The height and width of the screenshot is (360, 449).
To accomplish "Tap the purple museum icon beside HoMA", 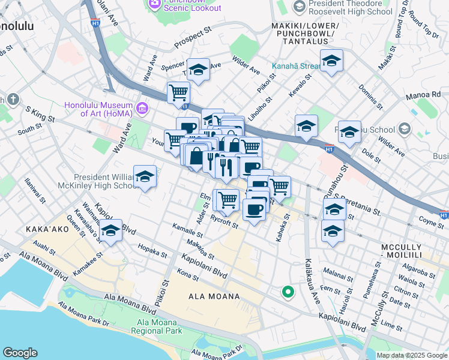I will (x=142, y=108).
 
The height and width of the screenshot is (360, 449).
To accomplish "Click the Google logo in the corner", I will (x=20, y=353).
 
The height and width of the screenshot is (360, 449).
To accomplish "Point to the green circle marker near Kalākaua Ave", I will (x=288, y=292).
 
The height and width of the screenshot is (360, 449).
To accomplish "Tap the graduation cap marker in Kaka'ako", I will (x=110, y=232).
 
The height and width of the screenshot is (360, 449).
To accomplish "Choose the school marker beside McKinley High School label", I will (x=145, y=177).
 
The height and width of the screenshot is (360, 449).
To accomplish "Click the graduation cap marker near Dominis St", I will (x=331, y=61).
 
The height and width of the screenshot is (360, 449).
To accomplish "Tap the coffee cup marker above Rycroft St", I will (x=254, y=209).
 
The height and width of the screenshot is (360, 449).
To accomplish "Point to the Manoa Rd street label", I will (x=427, y=94).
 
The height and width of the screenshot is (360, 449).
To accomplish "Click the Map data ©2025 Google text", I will (x=411, y=355).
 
